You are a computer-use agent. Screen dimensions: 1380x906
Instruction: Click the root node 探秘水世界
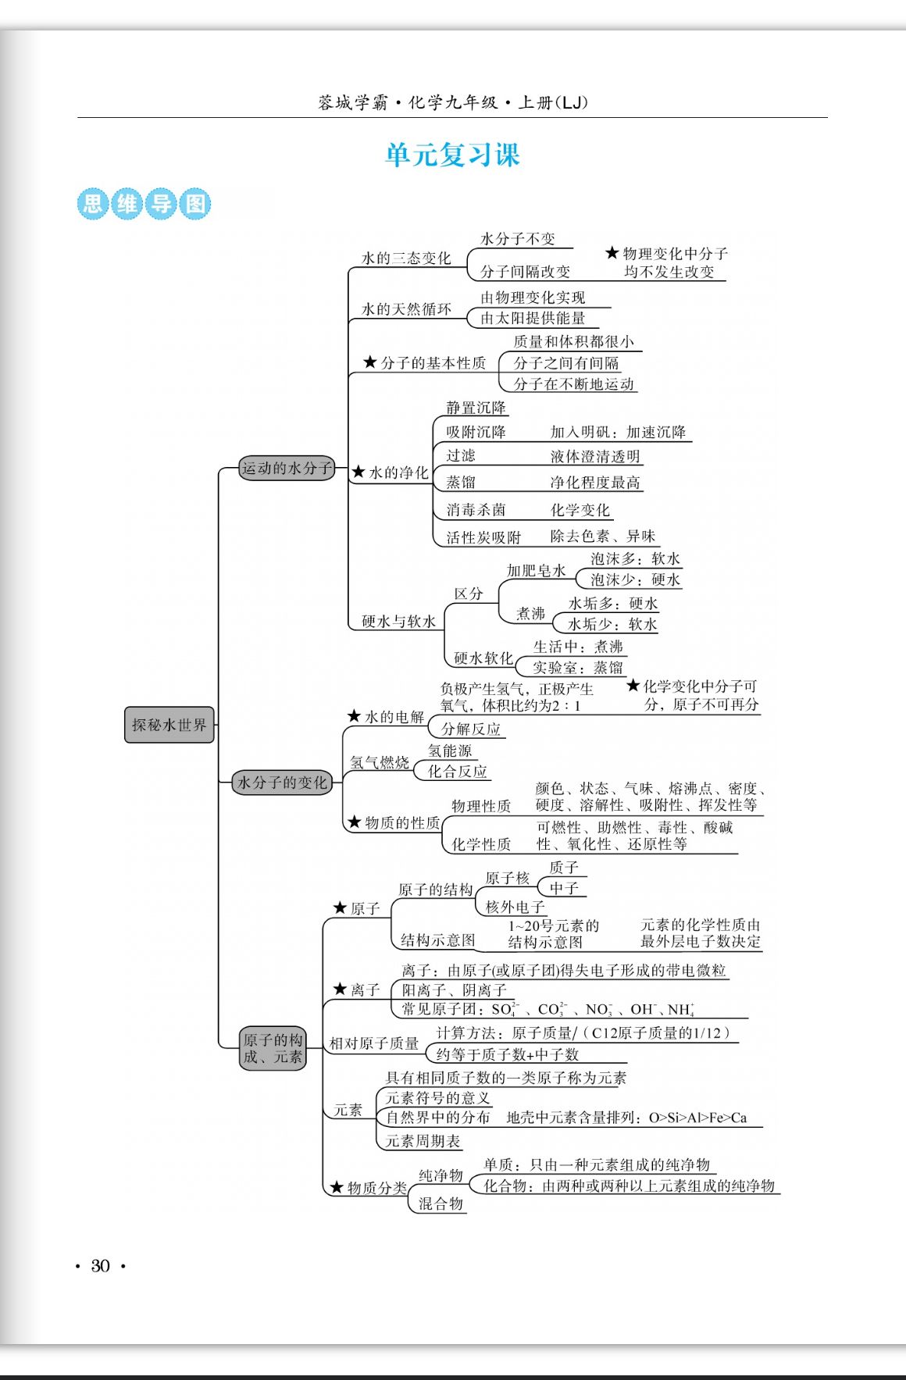point(169,725)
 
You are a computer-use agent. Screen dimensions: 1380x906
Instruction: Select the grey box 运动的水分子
point(287,468)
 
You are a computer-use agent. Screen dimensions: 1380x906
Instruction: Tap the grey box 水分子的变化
point(282,782)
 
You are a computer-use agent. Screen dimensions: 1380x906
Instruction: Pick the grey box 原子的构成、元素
point(273,1048)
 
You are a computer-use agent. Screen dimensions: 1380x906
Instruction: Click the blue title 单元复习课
point(452,155)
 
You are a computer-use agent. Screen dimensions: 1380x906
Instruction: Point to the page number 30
point(100,1266)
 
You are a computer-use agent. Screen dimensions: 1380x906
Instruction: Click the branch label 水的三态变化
point(406,259)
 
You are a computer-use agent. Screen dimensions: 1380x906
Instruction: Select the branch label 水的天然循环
point(406,309)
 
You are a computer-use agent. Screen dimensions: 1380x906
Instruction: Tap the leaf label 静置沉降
point(476,408)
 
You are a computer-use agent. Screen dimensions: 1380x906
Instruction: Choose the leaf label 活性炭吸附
point(483,537)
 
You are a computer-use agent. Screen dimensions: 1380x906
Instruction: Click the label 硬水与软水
point(398,622)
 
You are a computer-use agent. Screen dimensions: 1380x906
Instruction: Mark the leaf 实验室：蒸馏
point(578,668)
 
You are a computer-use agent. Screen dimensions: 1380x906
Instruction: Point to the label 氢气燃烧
point(380,762)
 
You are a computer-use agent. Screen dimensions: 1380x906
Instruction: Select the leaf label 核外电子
point(515,907)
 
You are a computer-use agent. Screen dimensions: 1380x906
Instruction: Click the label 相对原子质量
point(374,1043)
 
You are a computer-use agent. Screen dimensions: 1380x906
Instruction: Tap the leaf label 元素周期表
point(423,1141)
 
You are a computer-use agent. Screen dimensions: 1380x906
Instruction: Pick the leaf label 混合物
point(441,1203)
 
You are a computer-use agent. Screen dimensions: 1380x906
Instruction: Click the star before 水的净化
point(358,472)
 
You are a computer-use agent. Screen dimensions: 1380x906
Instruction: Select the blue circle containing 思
point(92,204)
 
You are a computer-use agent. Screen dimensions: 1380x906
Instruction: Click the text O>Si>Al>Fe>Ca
point(697,1118)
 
